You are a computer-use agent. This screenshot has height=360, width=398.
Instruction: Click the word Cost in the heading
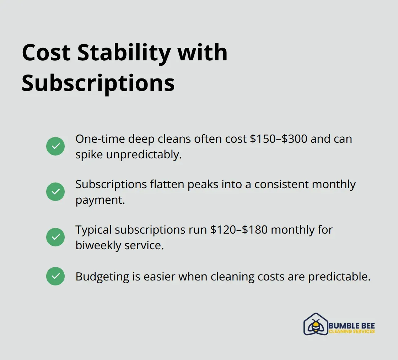(46, 53)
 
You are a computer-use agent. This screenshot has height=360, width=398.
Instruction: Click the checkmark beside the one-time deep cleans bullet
(55, 146)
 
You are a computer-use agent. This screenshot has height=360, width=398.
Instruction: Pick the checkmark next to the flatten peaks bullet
(55, 192)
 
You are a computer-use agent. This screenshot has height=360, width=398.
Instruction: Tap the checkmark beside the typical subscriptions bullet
(55, 237)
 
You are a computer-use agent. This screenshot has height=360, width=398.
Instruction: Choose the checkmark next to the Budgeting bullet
(55, 276)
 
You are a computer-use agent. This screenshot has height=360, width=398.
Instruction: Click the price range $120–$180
(238, 230)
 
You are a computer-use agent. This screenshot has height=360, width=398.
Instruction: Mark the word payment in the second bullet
(100, 200)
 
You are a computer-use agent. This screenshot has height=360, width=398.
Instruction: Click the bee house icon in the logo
(316, 324)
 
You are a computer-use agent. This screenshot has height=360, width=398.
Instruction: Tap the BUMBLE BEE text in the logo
(351, 326)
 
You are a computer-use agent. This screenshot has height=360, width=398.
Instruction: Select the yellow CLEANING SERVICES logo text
(351, 332)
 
